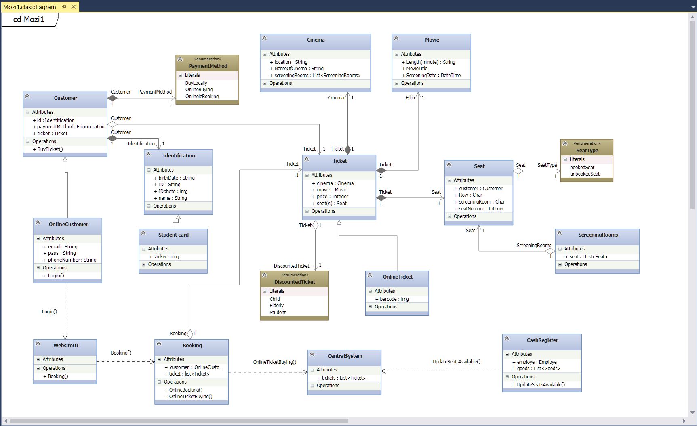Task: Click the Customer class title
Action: pyautogui.click(x=65, y=98)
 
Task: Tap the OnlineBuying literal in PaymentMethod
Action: pyautogui.click(x=199, y=90)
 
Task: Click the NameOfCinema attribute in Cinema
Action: pyautogui.click(x=299, y=69)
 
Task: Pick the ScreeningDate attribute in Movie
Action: pyautogui.click(x=433, y=76)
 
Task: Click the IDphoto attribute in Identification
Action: pyautogui.click(x=173, y=191)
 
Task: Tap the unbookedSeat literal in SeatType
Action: pyautogui.click(x=585, y=174)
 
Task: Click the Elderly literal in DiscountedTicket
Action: pyautogui.click(x=277, y=306)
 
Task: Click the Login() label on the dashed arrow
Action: pyautogui.click(x=49, y=312)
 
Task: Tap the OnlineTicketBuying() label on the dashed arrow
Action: pyautogui.click(x=275, y=362)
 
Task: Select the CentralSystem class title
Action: pyautogui.click(x=345, y=356)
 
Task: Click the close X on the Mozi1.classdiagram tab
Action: pyautogui.click(x=74, y=7)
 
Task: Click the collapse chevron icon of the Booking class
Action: pyautogui.click(x=159, y=344)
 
